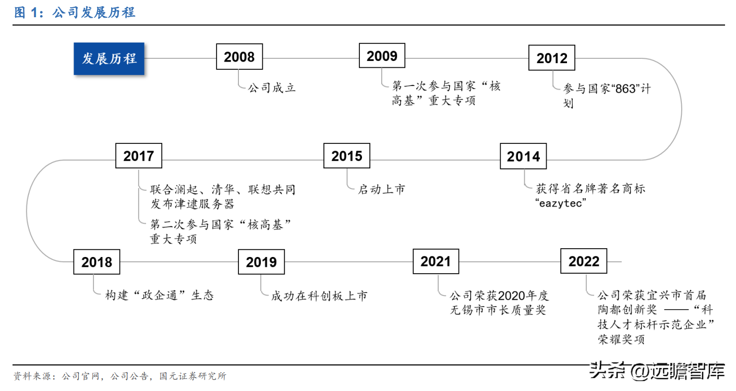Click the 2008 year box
pyautogui.click(x=239, y=57)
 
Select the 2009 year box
pyautogui.click(x=382, y=56)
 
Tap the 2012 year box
pyautogui.click(x=551, y=58)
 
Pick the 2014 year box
pyautogui.click(x=523, y=156)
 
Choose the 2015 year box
pyautogui.click(x=347, y=156)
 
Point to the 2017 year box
pyautogui.click(x=139, y=156)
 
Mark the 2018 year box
pyautogui.click(x=96, y=262)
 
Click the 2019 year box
pyautogui.click(x=261, y=262)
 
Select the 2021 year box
pyautogui.click(x=436, y=261)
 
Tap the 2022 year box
pyautogui.click(x=584, y=261)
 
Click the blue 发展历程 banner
pyautogui.click(x=109, y=58)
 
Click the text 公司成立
pyautogui.click(x=272, y=88)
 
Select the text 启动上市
pyautogui.click(x=381, y=189)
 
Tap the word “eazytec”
pyautogui.click(x=561, y=203)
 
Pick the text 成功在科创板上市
pyautogui.click(x=319, y=296)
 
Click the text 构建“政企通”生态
pyautogui.click(x=159, y=295)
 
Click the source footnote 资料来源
pyautogui.click(x=119, y=376)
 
